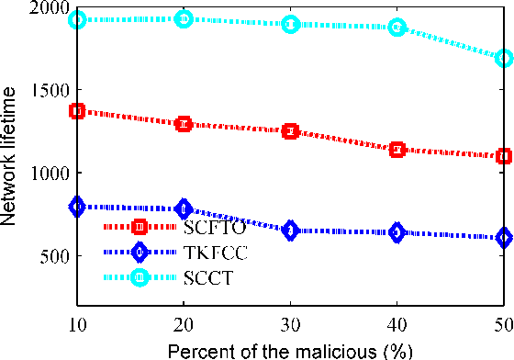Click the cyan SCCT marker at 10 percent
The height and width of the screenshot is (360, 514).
(x=77, y=19)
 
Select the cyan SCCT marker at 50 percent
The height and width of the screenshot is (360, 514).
(x=503, y=58)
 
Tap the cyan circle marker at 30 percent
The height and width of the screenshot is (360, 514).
(x=290, y=24)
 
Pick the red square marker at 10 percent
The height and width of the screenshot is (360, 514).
(x=77, y=111)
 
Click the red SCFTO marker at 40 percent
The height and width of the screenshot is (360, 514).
(x=397, y=149)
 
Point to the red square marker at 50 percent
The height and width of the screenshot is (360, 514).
(x=503, y=156)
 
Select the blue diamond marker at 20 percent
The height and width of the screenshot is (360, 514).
(x=184, y=208)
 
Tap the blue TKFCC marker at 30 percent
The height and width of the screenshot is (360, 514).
(x=290, y=231)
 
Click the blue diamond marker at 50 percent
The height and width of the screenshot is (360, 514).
(x=503, y=238)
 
